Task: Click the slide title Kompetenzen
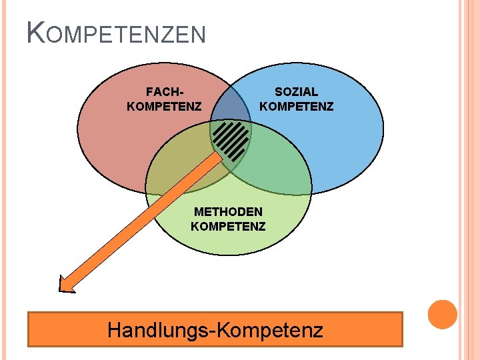[x=116, y=33]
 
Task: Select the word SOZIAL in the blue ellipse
[x=296, y=91]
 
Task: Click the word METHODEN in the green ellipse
[x=228, y=211]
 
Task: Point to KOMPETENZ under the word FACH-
[x=164, y=106]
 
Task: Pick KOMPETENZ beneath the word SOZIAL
[x=296, y=106]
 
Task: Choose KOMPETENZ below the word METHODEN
[x=228, y=226]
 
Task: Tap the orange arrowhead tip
[x=60, y=290]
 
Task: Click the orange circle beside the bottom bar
[x=443, y=315]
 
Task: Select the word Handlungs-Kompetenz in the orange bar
[x=215, y=330]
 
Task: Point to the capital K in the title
[x=36, y=32]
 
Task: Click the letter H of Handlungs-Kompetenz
[x=115, y=329]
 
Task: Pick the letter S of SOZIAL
[x=279, y=91]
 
